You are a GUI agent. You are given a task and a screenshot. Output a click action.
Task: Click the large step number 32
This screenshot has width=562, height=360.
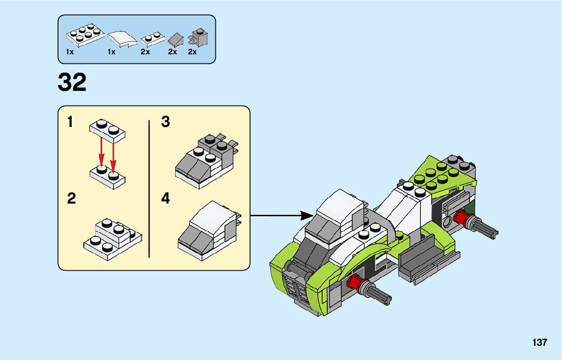(72, 82)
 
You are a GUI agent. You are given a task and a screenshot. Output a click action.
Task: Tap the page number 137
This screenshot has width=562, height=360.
(540, 342)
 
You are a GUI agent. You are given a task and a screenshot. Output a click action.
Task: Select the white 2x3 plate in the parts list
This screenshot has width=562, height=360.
(85, 35)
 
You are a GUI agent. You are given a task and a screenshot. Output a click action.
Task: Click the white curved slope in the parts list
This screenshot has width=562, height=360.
(122, 39)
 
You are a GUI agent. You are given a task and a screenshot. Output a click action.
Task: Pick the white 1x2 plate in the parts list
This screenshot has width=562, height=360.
(152, 40)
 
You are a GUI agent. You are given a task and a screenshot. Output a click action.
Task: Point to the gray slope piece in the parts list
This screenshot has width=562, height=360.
(176, 40)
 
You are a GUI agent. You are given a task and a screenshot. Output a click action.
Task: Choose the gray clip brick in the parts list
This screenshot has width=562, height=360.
(198, 37)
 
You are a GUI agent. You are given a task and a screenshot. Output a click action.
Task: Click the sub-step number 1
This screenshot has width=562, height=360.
(70, 122)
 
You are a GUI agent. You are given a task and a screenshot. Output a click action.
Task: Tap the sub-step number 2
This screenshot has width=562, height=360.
(72, 198)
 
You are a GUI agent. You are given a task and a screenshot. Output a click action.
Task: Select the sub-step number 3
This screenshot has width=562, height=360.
(165, 122)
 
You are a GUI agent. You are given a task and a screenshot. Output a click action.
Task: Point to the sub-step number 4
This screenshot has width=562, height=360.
(165, 198)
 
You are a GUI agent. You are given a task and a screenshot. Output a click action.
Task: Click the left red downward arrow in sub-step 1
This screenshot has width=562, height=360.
(102, 152)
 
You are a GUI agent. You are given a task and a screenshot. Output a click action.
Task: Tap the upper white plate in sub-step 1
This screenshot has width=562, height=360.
(107, 131)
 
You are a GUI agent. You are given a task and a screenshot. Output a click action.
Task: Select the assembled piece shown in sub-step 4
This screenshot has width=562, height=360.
(209, 231)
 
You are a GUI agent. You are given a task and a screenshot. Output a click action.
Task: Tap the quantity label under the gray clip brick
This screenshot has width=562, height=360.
(193, 52)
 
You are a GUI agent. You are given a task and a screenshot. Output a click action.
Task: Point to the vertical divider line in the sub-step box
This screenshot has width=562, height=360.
(149, 189)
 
